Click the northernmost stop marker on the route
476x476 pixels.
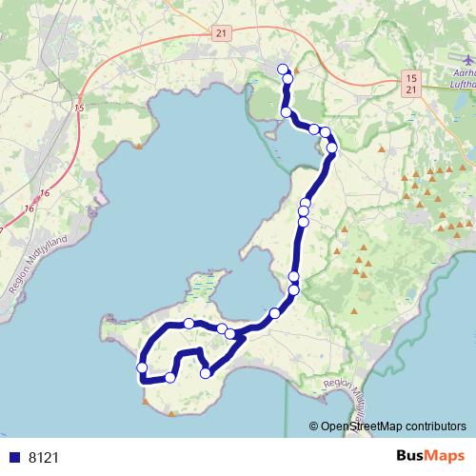[x=282, y=68]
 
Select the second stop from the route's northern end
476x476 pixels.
[x=287, y=79]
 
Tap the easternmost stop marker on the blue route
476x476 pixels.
[x=332, y=148]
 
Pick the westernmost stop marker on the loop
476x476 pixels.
[x=142, y=367]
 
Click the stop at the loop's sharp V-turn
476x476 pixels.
[x=206, y=373]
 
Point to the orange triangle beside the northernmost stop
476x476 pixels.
[x=297, y=70]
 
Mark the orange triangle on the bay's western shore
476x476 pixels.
[x=140, y=146]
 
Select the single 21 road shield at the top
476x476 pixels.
[x=221, y=33]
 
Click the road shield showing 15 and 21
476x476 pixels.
[x=409, y=82]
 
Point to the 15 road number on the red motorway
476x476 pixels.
[x=78, y=109]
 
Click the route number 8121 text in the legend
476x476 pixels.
[x=44, y=457]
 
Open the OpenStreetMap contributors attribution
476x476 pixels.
[x=392, y=426]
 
